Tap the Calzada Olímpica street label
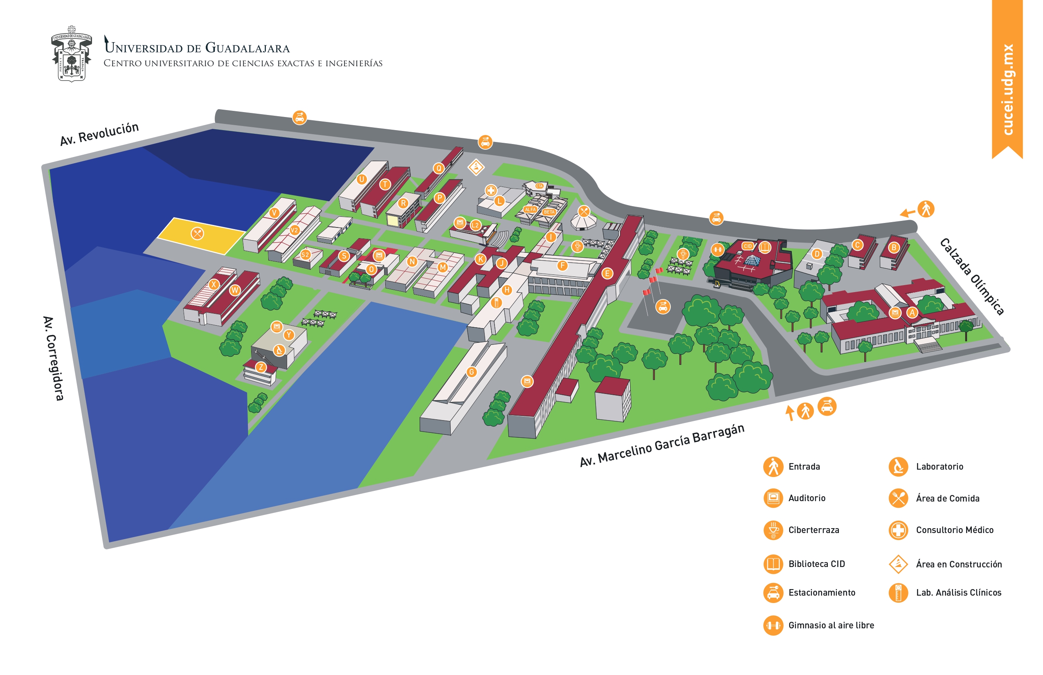[x=971, y=277]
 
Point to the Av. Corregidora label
[x=54, y=358]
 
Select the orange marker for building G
[x=472, y=372]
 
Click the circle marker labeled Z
[x=261, y=367]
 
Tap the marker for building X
[x=214, y=284]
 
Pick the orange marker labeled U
[x=362, y=179]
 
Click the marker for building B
[x=894, y=248]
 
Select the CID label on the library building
[x=748, y=246]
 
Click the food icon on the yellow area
[x=198, y=234]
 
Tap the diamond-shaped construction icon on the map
[x=476, y=167]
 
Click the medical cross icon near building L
[x=491, y=190]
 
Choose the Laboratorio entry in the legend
[x=939, y=467]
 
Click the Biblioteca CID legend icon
[x=773, y=564]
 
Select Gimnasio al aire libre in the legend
[x=831, y=625]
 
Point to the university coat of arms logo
[x=72, y=54]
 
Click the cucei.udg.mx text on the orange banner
[x=1007, y=90]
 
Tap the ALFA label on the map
[x=530, y=209]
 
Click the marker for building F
[x=563, y=265]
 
